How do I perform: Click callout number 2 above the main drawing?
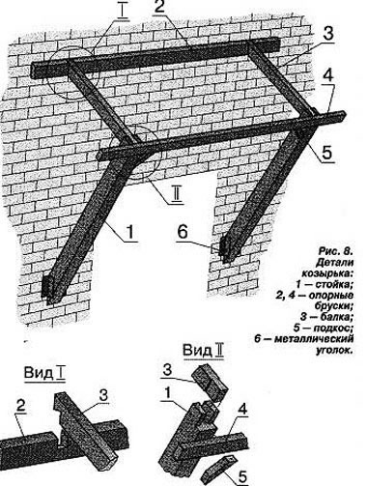(x=160, y=7)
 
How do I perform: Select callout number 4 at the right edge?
(x=328, y=76)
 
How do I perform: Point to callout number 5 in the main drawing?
(x=327, y=152)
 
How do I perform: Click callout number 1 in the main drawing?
(x=130, y=231)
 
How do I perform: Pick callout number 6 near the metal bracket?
(x=183, y=232)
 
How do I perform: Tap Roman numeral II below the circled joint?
(x=177, y=195)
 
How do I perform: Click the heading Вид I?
(x=45, y=373)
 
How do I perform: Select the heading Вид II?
(x=203, y=350)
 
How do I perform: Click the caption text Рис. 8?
(x=335, y=251)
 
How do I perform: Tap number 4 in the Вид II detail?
(x=242, y=410)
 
